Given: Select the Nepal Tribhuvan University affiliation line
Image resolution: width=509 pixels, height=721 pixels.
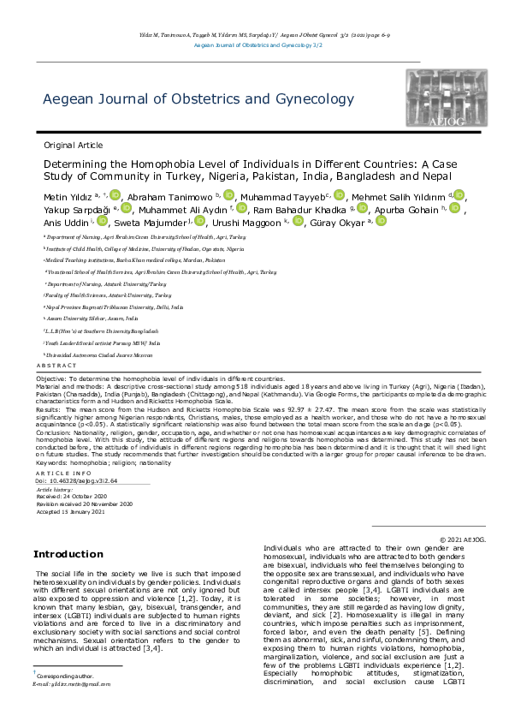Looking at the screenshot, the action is coord(115,306).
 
